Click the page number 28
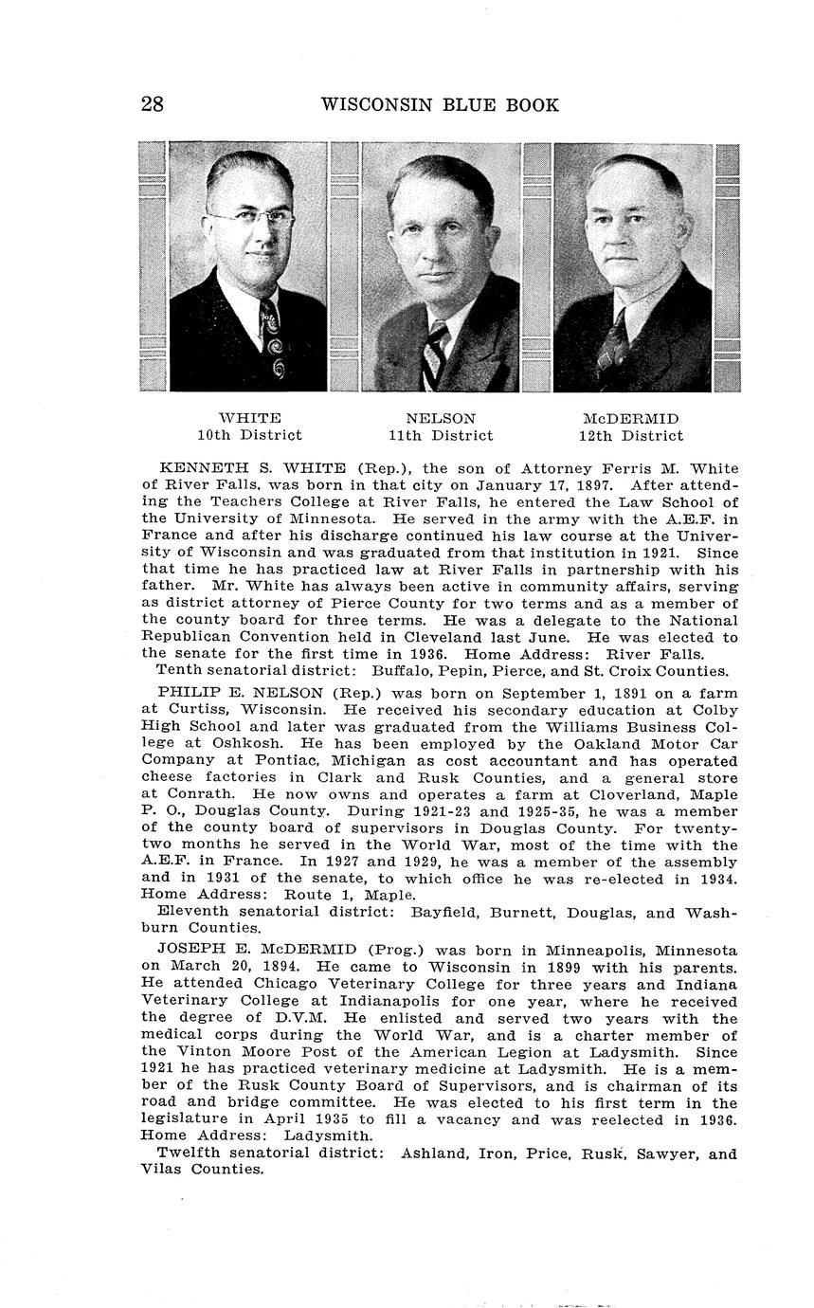point(152,104)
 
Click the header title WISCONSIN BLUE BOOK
point(440,104)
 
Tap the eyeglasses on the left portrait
point(251,220)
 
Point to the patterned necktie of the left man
point(271,341)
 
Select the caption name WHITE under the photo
point(249,418)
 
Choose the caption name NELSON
point(441,418)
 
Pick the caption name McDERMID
point(630,418)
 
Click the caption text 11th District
point(441,436)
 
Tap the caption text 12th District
point(630,436)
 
